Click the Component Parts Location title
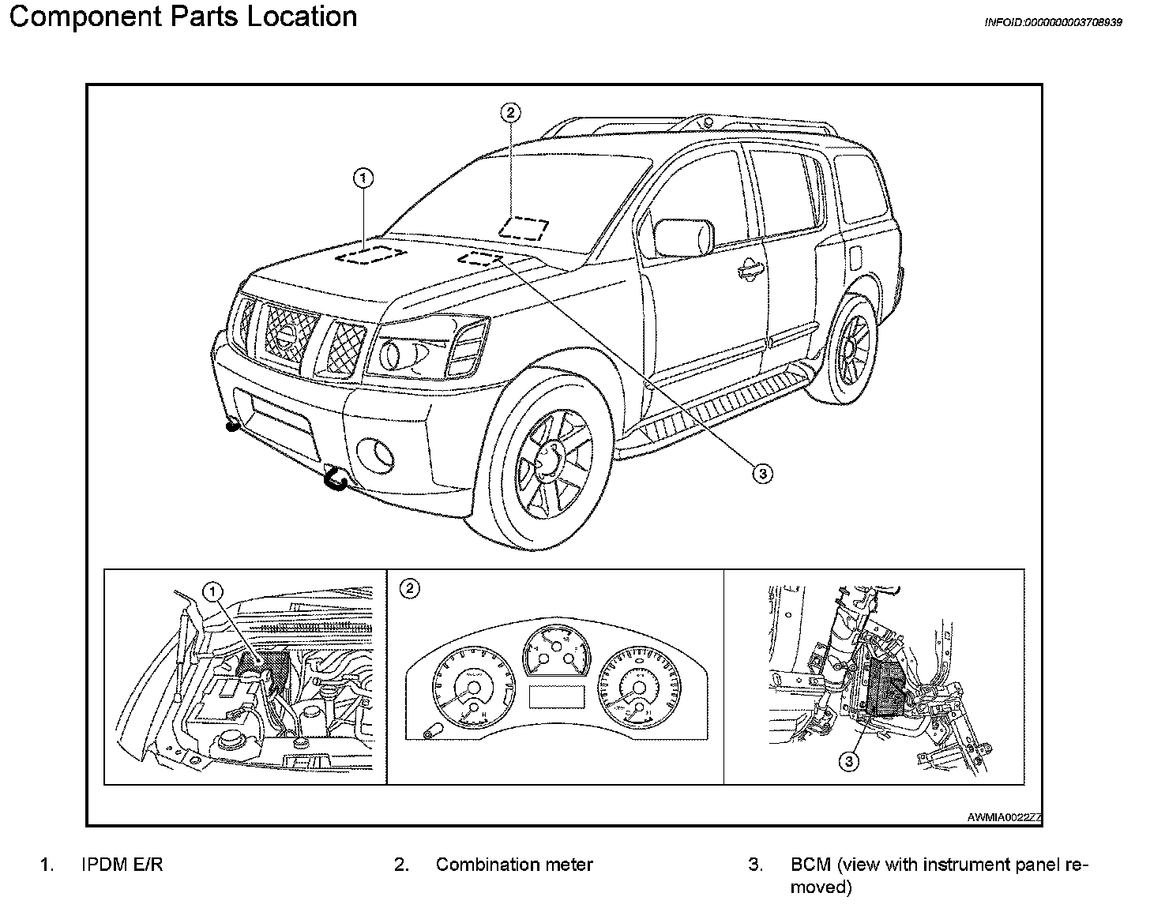pyautogui.click(x=182, y=17)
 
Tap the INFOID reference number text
pyautogui.click(x=1053, y=23)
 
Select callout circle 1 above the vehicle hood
pyautogui.click(x=363, y=179)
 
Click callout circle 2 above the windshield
pyautogui.click(x=510, y=113)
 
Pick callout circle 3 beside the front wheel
pyautogui.click(x=761, y=473)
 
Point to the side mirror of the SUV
pyautogui.click(x=684, y=237)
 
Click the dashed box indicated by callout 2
pyautogui.click(x=524, y=228)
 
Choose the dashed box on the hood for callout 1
pyautogui.click(x=370, y=254)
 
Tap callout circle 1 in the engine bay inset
pyautogui.click(x=213, y=591)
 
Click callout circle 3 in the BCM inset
pyautogui.click(x=848, y=761)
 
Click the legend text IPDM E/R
pyautogui.click(x=122, y=865)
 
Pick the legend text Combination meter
pyautogui.click(x=514, y=865)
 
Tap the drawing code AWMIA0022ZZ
pyautogui.click(x=1004, y=818)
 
